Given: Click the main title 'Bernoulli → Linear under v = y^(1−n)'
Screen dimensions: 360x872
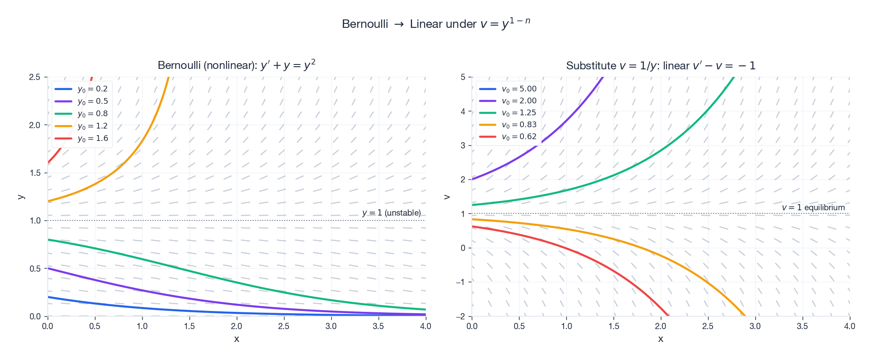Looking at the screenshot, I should coord(436,24).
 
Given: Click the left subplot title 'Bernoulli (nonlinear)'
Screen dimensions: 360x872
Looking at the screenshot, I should coord(236,65).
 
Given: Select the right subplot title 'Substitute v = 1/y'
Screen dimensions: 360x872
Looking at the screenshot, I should coord(660,66).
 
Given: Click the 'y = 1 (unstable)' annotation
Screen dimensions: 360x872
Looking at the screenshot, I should coord(391,213).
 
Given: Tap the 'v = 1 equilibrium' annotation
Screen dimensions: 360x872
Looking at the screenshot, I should coord(813,207).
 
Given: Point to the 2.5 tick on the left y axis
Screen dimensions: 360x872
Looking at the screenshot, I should coord(34,77).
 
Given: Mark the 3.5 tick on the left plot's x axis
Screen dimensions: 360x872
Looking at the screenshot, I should coord(378,326).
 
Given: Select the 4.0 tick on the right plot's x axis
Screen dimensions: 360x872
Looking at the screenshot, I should coord(849,326).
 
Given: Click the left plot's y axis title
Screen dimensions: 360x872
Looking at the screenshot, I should coord(20,197).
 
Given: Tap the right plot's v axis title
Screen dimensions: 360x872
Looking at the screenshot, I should coord(446,197).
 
